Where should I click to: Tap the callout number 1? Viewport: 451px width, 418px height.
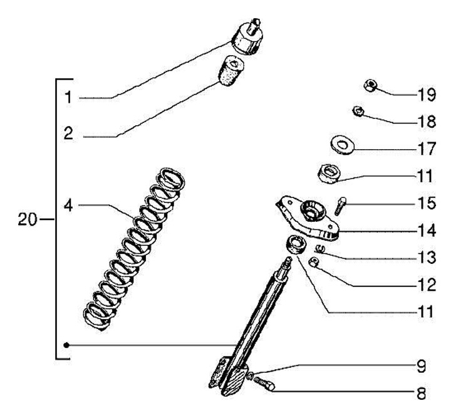[68, 97]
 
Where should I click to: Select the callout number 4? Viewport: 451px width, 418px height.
[68, 205]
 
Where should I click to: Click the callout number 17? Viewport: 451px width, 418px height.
[426, 150]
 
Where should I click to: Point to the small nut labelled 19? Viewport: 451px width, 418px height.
[370, 86]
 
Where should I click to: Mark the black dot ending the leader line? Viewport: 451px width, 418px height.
[67, 345]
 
